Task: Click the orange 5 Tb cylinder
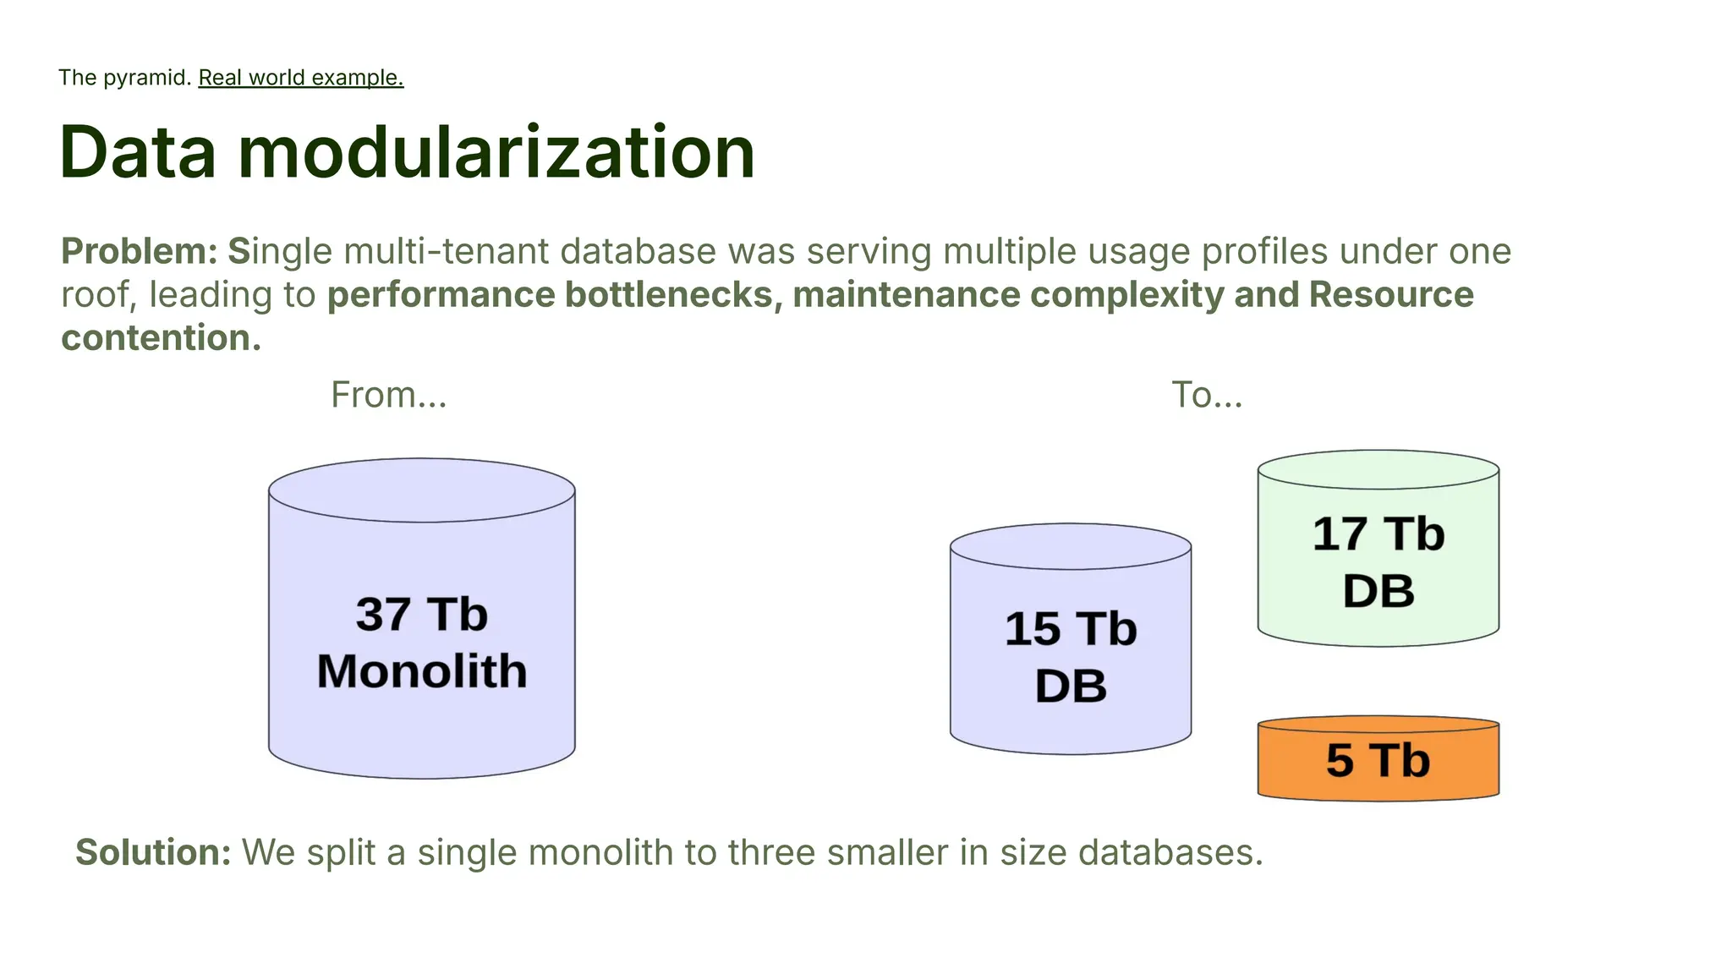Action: [1378, 760]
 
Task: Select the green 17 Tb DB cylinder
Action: [1378, 558]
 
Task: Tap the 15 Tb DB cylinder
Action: [1070, 651]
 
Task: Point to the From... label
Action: [388, 395]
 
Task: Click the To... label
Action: [1207, 395]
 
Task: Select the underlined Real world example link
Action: [300, 78]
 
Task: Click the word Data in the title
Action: [138, 153]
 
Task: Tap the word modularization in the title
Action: [496, 153]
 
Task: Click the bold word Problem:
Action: [140, 252]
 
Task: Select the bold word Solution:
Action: [153, 852]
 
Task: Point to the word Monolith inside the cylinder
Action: [421, 671]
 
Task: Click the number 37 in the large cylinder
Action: [383, 614]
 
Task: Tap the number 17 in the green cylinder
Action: [1340, 534]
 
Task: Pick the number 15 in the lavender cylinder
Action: [1032, 630]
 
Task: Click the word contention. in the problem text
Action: [161, 338]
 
